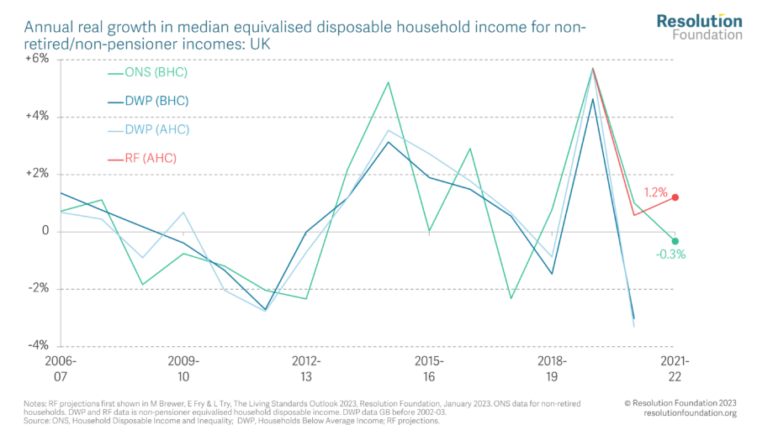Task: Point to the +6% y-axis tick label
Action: [x=36, y=60]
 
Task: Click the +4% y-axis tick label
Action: [x=36, y=117]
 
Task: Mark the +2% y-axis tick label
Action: [x=36, y=174]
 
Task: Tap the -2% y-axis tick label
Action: [x=37, y=288]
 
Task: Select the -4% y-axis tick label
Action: [x=37, y=345]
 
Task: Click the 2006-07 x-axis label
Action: [x=62, y=367]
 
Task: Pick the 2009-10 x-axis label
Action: [x=185, y=367]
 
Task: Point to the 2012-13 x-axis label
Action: [x=307, y=367]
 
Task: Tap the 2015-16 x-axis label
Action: [x=429, y=367]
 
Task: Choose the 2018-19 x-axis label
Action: [x=552, y=367]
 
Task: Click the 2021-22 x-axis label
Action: [x=675, y=367]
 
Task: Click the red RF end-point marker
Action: [x=675, y=197]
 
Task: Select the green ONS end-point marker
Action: [x=675, y=241]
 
